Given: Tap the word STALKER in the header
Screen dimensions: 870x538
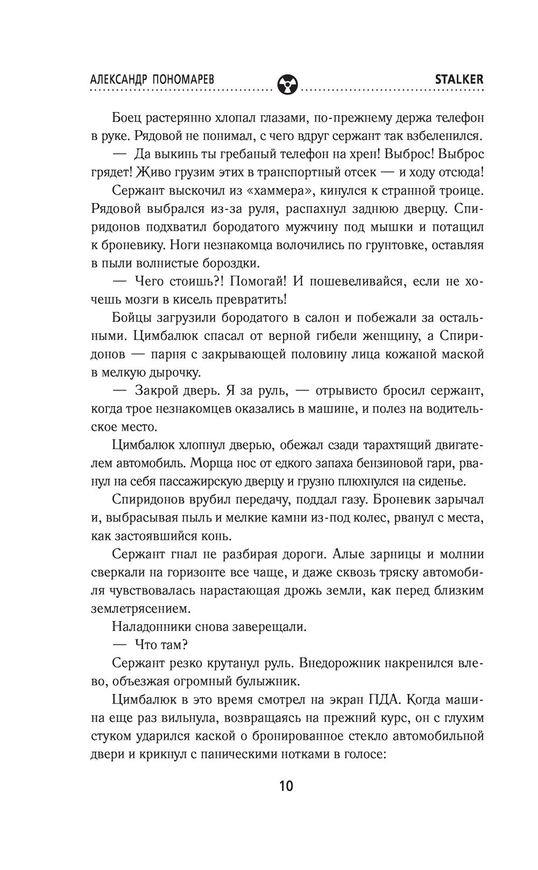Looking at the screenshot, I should [459, 79].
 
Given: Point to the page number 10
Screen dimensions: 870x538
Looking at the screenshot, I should [286, 785].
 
